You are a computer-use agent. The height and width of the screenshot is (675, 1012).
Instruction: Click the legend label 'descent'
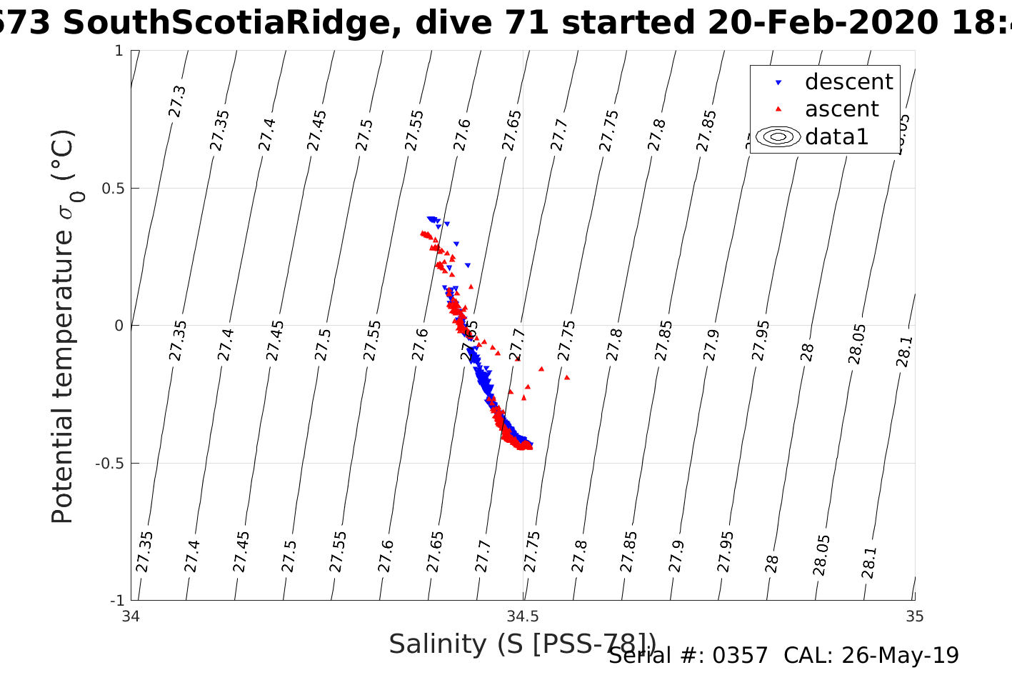[x=848, y=82]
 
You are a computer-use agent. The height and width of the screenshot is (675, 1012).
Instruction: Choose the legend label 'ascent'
[x=842, y=109]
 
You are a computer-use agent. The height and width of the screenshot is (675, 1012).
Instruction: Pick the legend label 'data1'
[x=836, y=136]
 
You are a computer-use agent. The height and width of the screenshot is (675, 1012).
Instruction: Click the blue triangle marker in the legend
[x=778, y=83]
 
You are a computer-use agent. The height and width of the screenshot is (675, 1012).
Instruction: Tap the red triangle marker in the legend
[x=778, y=109]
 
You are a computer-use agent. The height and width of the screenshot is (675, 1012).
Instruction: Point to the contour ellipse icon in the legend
[x=778, y=136]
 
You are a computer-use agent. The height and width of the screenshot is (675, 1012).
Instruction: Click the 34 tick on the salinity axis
[x=131, y=616]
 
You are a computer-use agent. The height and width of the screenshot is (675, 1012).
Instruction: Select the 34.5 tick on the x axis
[x=523, y=616]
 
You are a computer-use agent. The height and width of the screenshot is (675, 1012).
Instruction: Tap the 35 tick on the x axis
[x=914, y=616]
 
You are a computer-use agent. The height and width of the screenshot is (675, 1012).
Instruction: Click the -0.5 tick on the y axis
[x=107, y=464]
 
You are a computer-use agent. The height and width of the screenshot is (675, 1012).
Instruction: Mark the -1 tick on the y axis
[x=115, y=600]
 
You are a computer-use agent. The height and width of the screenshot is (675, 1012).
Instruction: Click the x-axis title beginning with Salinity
[x=521, y=644]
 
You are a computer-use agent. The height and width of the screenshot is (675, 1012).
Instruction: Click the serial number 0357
[x=743, y=655]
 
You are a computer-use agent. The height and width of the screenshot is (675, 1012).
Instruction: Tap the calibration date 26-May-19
[x=900, y=655]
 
